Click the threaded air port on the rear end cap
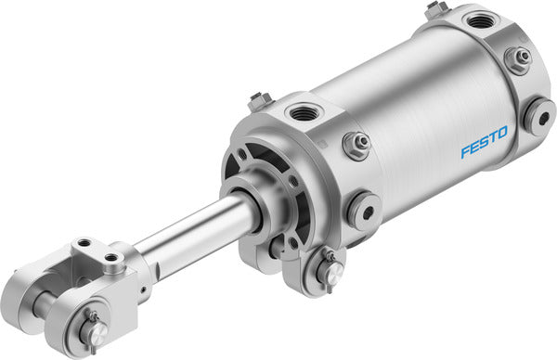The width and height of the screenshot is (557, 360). [x=481, y=19]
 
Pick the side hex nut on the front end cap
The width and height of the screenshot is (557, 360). [x=355, y=144]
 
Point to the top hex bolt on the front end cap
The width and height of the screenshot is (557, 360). [x=260, y=98]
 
